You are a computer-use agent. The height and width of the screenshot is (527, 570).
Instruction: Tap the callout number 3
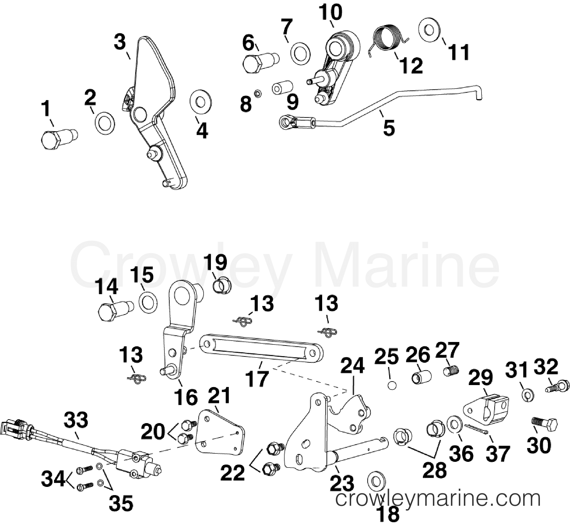coord(120,42)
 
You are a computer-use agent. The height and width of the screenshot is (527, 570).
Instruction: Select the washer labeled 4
coord(201,102)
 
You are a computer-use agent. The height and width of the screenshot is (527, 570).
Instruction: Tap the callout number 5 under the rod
coord(389,128)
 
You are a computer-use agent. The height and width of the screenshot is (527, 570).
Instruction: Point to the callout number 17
coord(258,378)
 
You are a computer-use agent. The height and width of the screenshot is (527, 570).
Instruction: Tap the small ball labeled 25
coord(392,386)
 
